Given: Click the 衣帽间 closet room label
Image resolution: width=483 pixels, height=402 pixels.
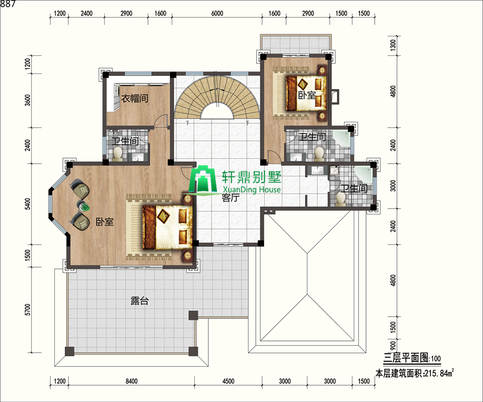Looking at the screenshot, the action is pos(135,99).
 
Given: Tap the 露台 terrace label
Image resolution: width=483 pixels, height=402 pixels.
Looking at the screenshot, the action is pos(140,301).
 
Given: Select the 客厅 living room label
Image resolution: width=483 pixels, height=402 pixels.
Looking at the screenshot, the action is pos(230,198).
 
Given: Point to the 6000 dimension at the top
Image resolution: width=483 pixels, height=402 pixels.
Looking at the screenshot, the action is pos(217,13).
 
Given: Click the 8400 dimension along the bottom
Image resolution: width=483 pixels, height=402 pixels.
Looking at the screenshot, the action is pos(131,381).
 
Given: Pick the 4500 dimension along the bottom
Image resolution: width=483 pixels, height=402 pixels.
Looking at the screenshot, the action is pos(228,381).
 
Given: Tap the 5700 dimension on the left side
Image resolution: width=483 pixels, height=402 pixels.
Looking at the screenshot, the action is pos(27,309).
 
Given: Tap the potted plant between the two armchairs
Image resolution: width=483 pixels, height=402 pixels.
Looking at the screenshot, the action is pos(83,206).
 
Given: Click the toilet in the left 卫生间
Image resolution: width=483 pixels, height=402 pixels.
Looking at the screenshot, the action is pos(118,154).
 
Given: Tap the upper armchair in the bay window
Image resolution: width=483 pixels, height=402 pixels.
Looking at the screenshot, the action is pos(79,189).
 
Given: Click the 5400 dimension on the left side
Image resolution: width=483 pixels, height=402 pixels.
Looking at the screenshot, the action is pos(27,204).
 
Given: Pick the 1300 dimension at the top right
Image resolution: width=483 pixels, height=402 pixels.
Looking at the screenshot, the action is pos(393,46).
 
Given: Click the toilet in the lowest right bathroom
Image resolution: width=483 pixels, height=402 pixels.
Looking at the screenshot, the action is pos(340,199).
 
